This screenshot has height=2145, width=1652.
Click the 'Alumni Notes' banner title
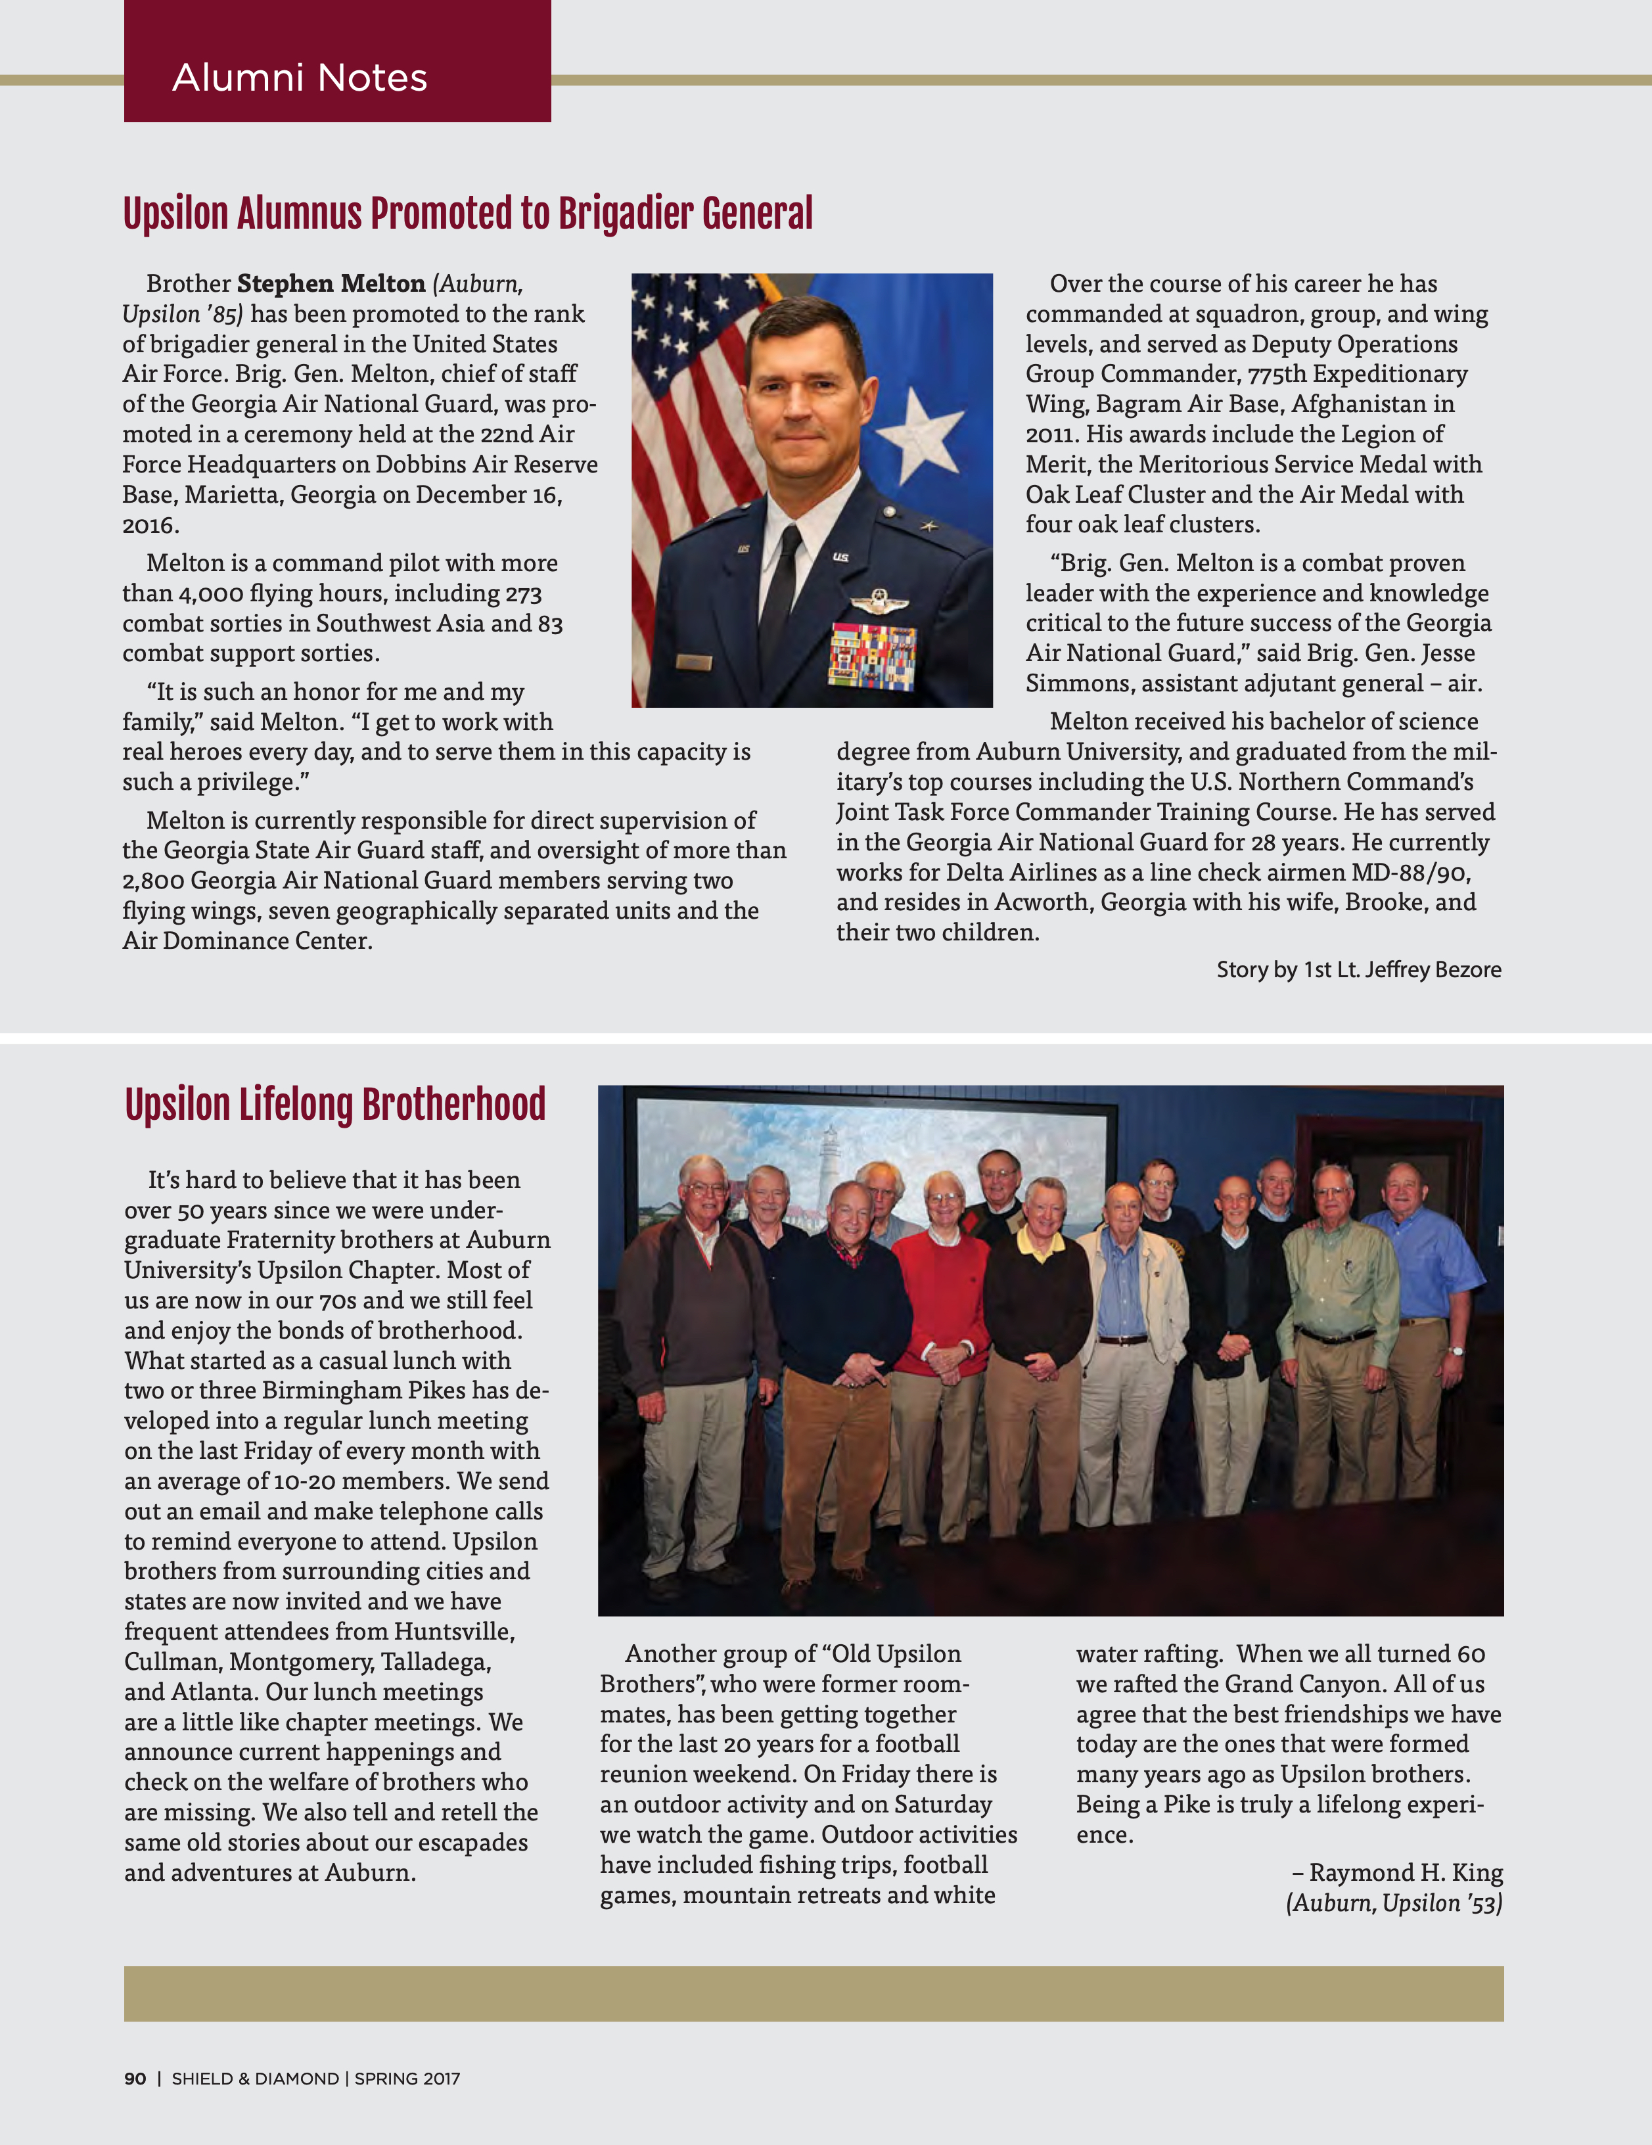[x=300, y=78]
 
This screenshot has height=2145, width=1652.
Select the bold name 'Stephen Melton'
[x=331, y=284]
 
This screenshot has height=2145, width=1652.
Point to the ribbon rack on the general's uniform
[x=872, y=653]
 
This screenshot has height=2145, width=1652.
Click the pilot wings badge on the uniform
[x=879, y=601]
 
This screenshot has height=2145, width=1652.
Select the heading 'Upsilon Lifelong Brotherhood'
[x=335, y=1104]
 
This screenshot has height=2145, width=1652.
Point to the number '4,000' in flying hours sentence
[x=210, y=593]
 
